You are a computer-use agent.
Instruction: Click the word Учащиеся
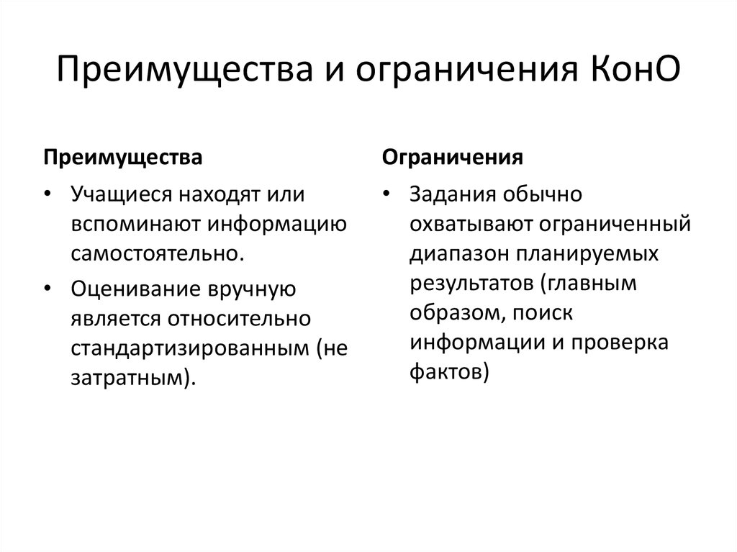[122, 195]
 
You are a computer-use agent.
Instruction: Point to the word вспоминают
[137, 225]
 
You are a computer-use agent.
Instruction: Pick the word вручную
[253, 289]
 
